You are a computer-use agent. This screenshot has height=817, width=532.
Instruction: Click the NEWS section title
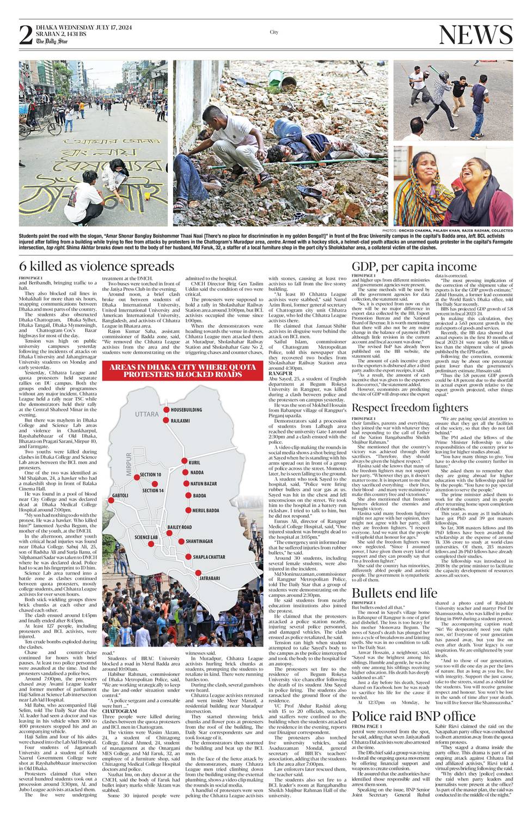tap(475, 35)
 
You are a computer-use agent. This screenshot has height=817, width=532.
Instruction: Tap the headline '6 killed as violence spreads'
tap(96, 266)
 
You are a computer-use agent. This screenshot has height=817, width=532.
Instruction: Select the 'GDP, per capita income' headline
tap(414, 266)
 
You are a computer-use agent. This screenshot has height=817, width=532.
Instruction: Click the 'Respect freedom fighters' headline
tap(409, 407)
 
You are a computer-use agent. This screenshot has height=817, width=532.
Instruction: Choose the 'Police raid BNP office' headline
tap(414, 715)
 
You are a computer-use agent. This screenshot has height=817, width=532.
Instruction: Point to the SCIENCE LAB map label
tap(146, 537)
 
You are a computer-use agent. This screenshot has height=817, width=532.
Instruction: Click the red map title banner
tap(182, 370)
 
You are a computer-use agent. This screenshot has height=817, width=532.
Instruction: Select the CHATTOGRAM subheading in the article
tap(119, 711)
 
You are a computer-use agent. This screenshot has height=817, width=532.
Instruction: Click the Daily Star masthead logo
tap(52, 41)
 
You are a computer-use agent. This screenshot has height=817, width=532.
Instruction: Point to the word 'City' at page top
tap(274, 32)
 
